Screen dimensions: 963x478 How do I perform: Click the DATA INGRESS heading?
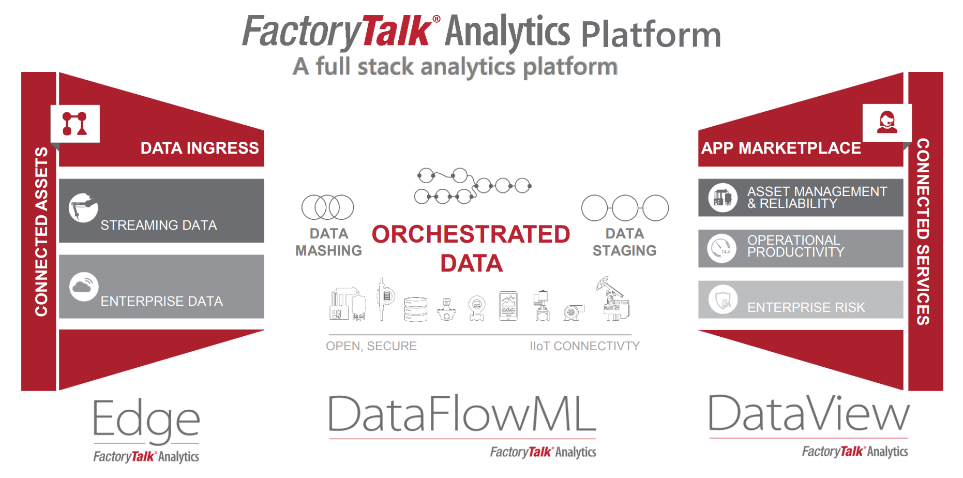[x=200, y=148]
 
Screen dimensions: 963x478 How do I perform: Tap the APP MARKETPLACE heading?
[x=781, y=148]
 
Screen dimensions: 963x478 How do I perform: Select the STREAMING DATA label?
[x=159, y=225]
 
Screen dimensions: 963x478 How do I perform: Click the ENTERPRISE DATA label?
[x=162, y=301]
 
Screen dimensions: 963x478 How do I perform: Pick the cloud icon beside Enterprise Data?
[x=84, y=287]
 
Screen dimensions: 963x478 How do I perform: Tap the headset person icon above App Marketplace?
[x=887, y=123]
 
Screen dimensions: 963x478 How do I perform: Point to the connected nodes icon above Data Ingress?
[x=75, y=124]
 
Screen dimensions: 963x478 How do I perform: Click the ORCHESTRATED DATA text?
[x=471, y=249]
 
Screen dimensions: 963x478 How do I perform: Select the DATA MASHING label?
[x=329, y=242]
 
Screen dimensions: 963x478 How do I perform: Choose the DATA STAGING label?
[x=625, y=242]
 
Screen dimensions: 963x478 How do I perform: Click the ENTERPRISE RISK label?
[x=806, y=307]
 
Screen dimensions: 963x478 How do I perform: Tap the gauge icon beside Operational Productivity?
[x=722, y=248]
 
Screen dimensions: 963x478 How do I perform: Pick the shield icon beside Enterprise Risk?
[x=723, y=299]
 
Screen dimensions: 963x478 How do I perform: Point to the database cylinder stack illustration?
[x=416, y=309]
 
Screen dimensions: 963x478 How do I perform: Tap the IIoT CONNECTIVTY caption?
[x=584, y=346]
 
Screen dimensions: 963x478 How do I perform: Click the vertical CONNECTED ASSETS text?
[x=41, y=231]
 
